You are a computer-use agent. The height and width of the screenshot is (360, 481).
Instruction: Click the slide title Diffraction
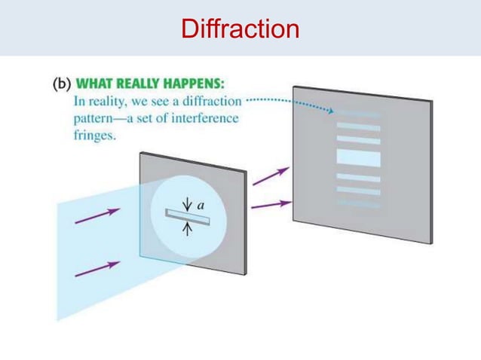[x=240, y=29]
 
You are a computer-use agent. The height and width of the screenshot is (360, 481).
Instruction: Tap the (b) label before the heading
[x=63, y=84]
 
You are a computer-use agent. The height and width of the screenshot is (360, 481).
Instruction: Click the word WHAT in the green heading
[x=100, y=84]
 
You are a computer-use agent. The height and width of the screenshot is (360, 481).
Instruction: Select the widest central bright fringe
[x=359, y=157]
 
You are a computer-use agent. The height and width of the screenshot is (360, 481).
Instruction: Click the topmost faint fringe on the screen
[x=359, y=113]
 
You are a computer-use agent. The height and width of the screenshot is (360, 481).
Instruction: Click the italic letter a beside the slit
[x=201, y=204]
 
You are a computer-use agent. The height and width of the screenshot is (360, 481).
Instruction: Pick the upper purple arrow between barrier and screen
[x=270, y=176]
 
